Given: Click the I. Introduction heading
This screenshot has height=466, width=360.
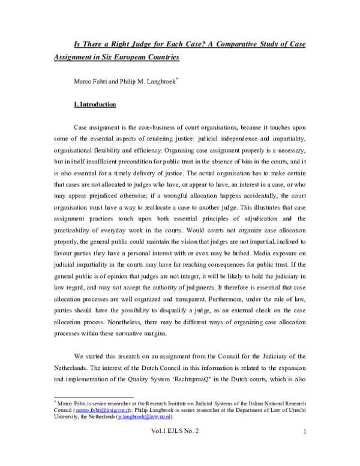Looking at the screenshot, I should (x=95, y=104).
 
